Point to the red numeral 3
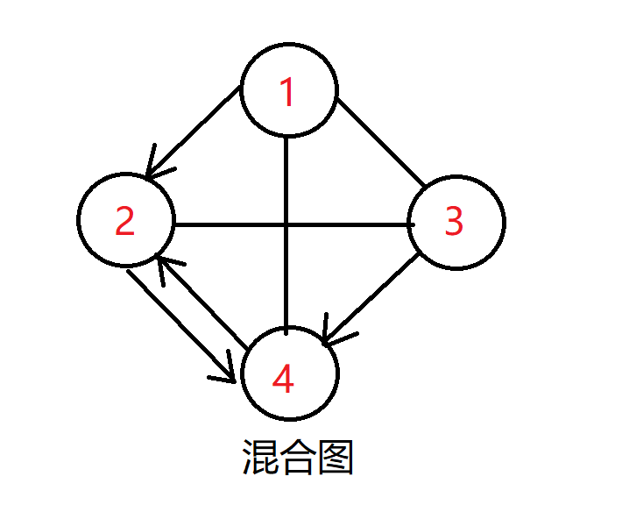tap(453, 222)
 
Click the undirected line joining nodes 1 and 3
tap(380, 140)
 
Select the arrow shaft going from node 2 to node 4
tap(175, 320)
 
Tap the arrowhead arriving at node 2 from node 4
tap(164, 264)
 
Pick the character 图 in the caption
tap(336, 457)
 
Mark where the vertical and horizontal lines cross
tap(287, 224)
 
